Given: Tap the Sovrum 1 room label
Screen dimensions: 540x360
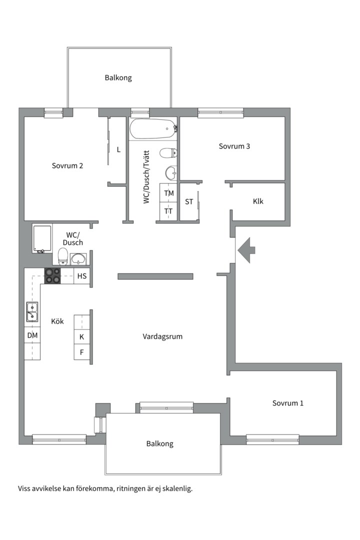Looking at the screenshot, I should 287,403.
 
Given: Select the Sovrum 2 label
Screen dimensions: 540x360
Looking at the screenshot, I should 67,166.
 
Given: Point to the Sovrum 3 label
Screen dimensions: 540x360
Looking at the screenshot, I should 234,146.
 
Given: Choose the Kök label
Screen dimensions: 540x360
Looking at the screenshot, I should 57,321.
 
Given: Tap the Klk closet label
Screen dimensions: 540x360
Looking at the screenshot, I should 258,201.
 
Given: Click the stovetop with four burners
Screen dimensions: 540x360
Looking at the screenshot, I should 52,276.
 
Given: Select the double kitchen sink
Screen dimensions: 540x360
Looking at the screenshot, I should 32,311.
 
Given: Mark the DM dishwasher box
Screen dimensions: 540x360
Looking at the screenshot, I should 32,335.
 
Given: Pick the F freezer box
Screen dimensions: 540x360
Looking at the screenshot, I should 81,352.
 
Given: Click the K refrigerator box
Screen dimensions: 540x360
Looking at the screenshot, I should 81,337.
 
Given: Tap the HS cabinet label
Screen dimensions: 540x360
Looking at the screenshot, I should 81,276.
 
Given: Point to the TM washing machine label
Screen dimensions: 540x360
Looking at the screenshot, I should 169,193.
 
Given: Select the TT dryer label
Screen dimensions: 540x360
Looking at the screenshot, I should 169,211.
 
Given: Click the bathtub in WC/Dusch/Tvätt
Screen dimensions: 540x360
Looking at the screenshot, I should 153,129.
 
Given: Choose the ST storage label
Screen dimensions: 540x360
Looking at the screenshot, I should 189,202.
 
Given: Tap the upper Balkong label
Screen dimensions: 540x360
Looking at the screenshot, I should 118,78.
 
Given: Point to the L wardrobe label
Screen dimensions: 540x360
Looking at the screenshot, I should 118,149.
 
